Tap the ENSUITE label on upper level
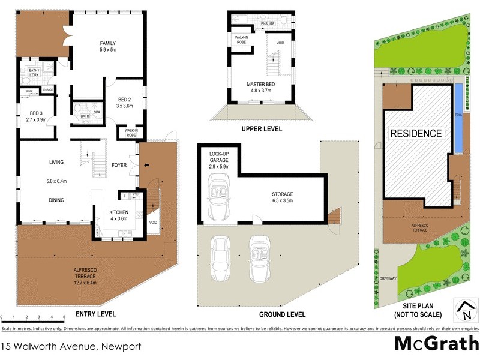(268, 23)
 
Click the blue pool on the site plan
(459, 117)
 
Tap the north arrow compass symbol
(464, 309)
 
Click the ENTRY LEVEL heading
(95, 314)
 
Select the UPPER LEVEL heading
(261, 129)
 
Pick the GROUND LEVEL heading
(282, 314)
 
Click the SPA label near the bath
(96, 112)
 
